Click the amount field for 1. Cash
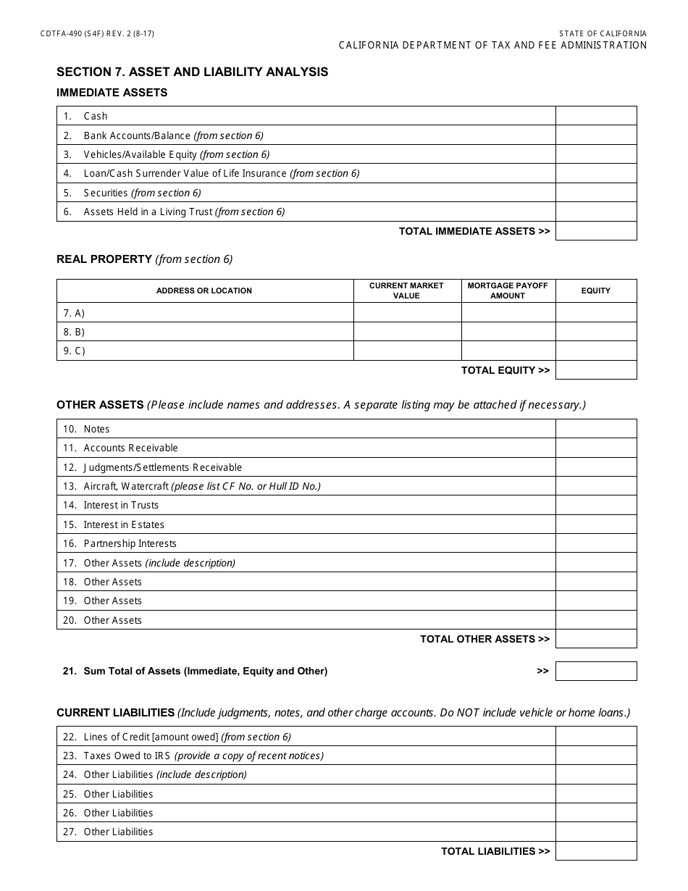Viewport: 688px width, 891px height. click(596, 116)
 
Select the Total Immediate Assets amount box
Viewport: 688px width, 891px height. click(596, 231)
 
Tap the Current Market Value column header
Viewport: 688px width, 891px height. click(406, 290)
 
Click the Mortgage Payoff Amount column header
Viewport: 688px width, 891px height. click(508, 290)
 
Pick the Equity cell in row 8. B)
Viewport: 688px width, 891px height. click(596, 332)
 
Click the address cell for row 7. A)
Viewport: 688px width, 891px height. click(205, 313)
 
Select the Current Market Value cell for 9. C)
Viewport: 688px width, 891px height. click(407, 351)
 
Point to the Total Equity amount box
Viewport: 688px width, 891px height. click(596, 370)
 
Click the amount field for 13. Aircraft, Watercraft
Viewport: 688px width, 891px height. click(596, 486)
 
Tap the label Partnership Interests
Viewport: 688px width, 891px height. click(130, 543)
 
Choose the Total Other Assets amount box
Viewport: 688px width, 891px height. click(596, 639)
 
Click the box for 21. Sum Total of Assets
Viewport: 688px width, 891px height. click(596, 671)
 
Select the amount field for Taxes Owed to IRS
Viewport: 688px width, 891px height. click(596, 756)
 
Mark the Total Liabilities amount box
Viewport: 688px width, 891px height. click(596, 851)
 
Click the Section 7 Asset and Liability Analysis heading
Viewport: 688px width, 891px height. click(192, 72)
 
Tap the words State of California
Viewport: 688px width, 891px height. click(603, 34)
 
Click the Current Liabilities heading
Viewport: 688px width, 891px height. click(116, 713)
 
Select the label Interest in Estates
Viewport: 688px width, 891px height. click(124, 524)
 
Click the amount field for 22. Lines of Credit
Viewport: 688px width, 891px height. click(596, 737)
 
